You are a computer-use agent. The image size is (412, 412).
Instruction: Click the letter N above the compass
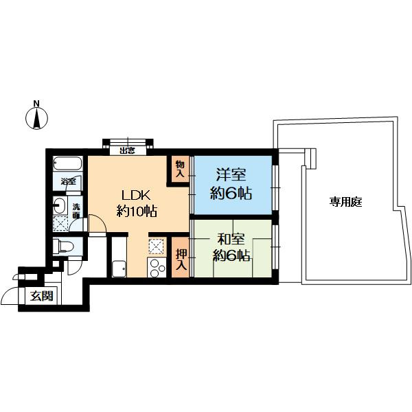(36, 103)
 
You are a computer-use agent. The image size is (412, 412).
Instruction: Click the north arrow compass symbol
(37, 118)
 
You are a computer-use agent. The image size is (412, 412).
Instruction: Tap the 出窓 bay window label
(128, 151)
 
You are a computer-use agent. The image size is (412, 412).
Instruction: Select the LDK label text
(135, 196)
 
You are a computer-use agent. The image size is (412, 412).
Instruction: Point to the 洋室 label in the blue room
(231, 174)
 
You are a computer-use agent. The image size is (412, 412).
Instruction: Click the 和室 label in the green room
(231, 239)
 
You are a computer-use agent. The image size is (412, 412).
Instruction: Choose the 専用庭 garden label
(346, 202)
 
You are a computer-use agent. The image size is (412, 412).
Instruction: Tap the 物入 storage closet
(180, 169)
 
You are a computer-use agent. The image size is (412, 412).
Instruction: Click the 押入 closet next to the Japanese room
(181, 257)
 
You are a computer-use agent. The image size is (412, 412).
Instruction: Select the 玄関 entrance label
(42, 297)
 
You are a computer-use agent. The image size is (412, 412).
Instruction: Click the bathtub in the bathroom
(68, 164)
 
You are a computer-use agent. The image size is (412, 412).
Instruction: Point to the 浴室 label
(68, 181)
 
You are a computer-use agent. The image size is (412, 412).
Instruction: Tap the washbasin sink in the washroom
(60, 205)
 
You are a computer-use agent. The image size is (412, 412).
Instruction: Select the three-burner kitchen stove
(157, 267)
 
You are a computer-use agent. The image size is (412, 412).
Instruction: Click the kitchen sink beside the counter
(119, 268)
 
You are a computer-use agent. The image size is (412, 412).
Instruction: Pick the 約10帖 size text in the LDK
(137, 211)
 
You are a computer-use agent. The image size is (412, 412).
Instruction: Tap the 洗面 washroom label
(76, 211)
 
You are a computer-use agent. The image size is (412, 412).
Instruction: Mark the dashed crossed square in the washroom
(60, 223)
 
